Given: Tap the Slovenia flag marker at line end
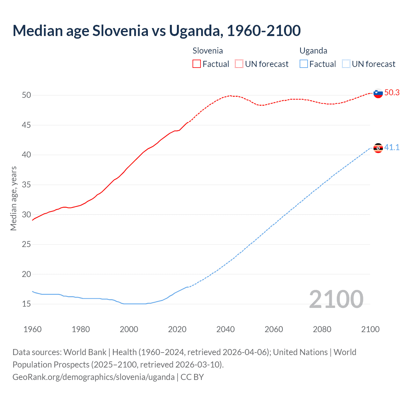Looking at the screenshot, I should tap(378, 93).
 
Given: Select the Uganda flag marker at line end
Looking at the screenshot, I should tap(378, 148).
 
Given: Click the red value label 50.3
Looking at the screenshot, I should tap(392, 93).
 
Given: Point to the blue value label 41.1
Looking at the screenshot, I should tap(392, 148).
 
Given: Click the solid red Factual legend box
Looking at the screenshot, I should tap(197, 64).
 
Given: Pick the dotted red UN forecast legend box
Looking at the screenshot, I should tap(239, 64).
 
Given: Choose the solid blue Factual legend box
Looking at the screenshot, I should tap(304, 64).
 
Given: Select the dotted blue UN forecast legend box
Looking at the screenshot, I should tap(346, 64).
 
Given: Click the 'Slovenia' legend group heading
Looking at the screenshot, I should tap(208, 51).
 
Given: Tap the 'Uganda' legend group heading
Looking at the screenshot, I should tap(313, 51).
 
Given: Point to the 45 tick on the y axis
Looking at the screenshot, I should tap(26, 125).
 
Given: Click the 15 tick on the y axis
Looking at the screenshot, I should tap(26, 304).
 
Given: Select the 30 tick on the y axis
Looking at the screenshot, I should tap(26, 215).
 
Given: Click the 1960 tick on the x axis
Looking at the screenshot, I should tap(33, 329).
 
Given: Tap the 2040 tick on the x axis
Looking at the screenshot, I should tap(225, 329).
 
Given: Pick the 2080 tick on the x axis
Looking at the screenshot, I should tap(322, 329).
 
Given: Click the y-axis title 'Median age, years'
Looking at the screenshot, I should tap(13, 198).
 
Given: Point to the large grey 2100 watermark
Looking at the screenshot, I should tap(336, 299).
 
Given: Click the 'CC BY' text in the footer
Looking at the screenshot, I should tap(192, 377).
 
